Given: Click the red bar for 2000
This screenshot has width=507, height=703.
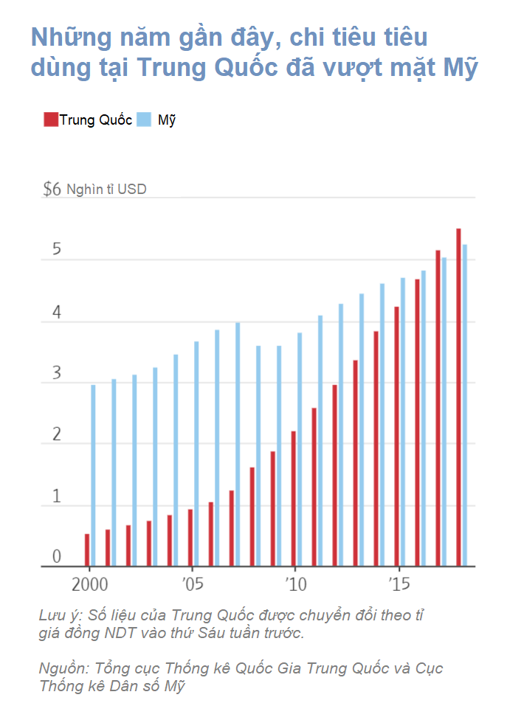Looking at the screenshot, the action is click(x=87, y=550).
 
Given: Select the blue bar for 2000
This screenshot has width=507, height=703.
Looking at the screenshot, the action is click(x=93, y=475).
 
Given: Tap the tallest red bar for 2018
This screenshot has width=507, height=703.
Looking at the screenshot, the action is click(x=458, y=397).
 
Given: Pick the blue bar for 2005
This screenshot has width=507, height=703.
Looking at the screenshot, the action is click(x=196, y=454).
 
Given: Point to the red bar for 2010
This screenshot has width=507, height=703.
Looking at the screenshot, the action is click(x=294, y=499).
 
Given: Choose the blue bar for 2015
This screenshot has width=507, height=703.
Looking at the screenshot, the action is click(x=403, y=422).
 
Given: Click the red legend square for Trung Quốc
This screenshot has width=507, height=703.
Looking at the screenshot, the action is click(x=51, y=120).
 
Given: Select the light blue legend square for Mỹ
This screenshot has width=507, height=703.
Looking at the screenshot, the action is click(x=144, y=120).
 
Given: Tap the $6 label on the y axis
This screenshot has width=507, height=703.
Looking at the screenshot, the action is click(x=52, y=189).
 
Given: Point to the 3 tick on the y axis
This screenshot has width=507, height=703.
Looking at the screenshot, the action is click(x=57, y=373).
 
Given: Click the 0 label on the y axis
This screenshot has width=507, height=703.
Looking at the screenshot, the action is click(x=57, y=556).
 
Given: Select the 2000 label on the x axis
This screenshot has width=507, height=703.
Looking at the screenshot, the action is click(x=90, y=585).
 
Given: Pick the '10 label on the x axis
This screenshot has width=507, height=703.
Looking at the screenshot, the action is click(x=296, y=585).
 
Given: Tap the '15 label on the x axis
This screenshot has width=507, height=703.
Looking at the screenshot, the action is click(x=399, y=585).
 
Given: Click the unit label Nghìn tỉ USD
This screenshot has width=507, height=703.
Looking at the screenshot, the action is click(x=106, y=189).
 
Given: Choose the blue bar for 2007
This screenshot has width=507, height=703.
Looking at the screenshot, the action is click(x=238, y=444).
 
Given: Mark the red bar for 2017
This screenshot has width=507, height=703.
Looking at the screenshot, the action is click(x=438, y=409).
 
